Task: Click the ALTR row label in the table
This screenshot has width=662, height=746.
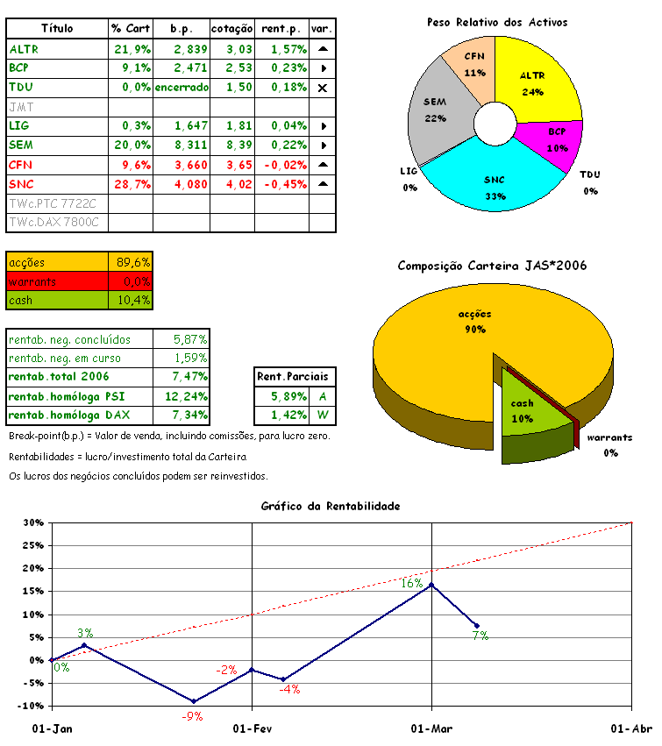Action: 24,49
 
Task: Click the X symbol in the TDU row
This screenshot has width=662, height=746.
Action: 323,88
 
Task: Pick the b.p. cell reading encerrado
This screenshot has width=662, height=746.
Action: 182,88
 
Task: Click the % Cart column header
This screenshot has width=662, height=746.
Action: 131,29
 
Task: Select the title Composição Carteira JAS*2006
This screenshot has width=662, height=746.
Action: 492,266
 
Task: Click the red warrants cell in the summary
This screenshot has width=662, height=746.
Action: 57,281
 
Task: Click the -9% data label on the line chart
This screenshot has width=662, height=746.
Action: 192,716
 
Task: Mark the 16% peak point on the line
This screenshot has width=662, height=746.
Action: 431,584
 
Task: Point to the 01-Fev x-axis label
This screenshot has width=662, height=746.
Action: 252,728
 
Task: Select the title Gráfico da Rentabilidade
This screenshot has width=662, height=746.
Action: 331,506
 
